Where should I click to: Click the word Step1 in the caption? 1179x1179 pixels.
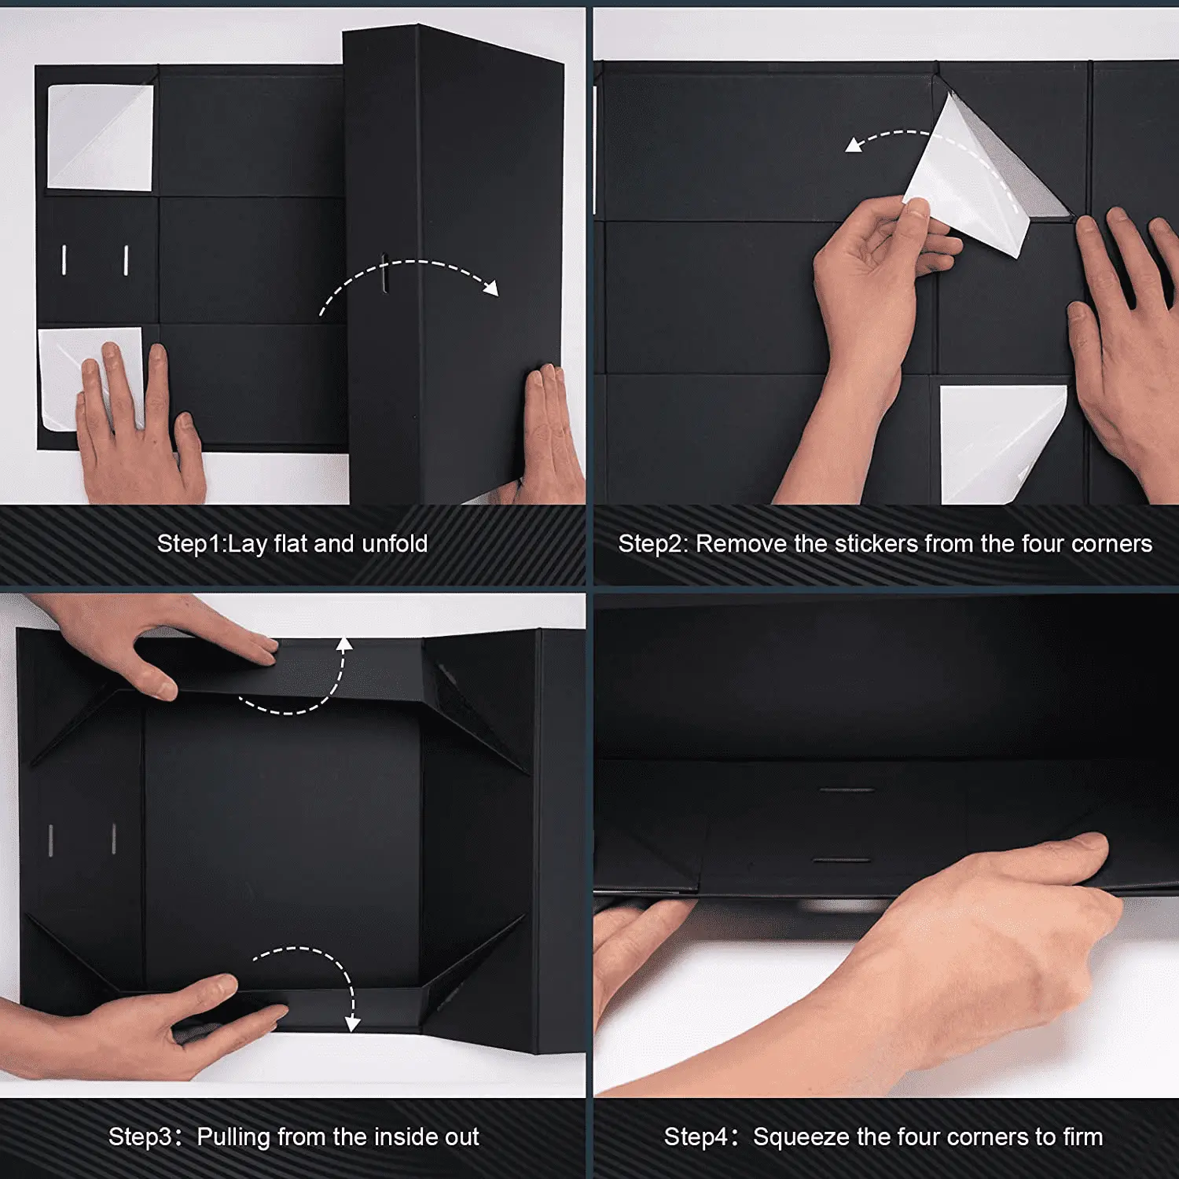click(x=190, y=544)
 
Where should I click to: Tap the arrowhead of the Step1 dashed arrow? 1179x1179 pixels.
click(x=491, y=288)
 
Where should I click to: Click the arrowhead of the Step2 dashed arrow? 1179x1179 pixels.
click(x=854, y=145)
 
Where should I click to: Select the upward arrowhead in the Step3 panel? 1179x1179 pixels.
click(x=344, y=645)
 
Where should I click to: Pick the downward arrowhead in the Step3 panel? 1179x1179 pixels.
click(x=352, y=1023)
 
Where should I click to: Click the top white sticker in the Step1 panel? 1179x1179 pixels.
click(x=100, y=138)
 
